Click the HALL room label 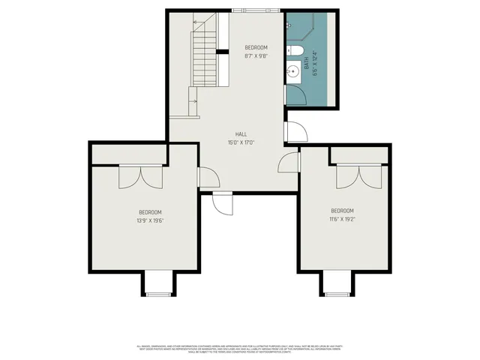241,134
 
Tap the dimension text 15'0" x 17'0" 241,142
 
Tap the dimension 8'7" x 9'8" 256,55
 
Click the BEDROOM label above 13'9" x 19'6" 150,212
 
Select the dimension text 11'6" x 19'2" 342,219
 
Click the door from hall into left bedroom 208,178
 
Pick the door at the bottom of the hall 223,203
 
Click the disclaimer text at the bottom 240,348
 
